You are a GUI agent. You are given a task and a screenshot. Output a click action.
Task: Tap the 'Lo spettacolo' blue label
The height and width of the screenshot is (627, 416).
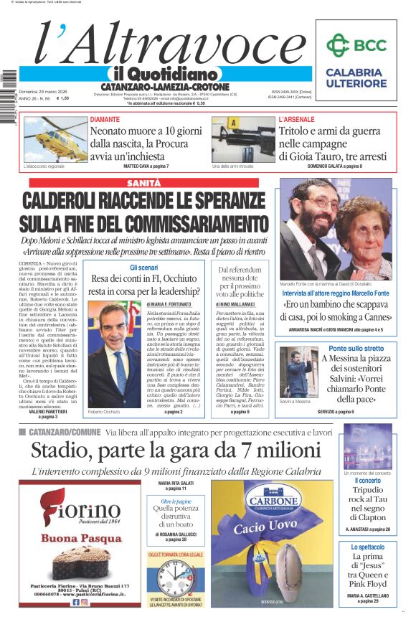click(x=367, y=547)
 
